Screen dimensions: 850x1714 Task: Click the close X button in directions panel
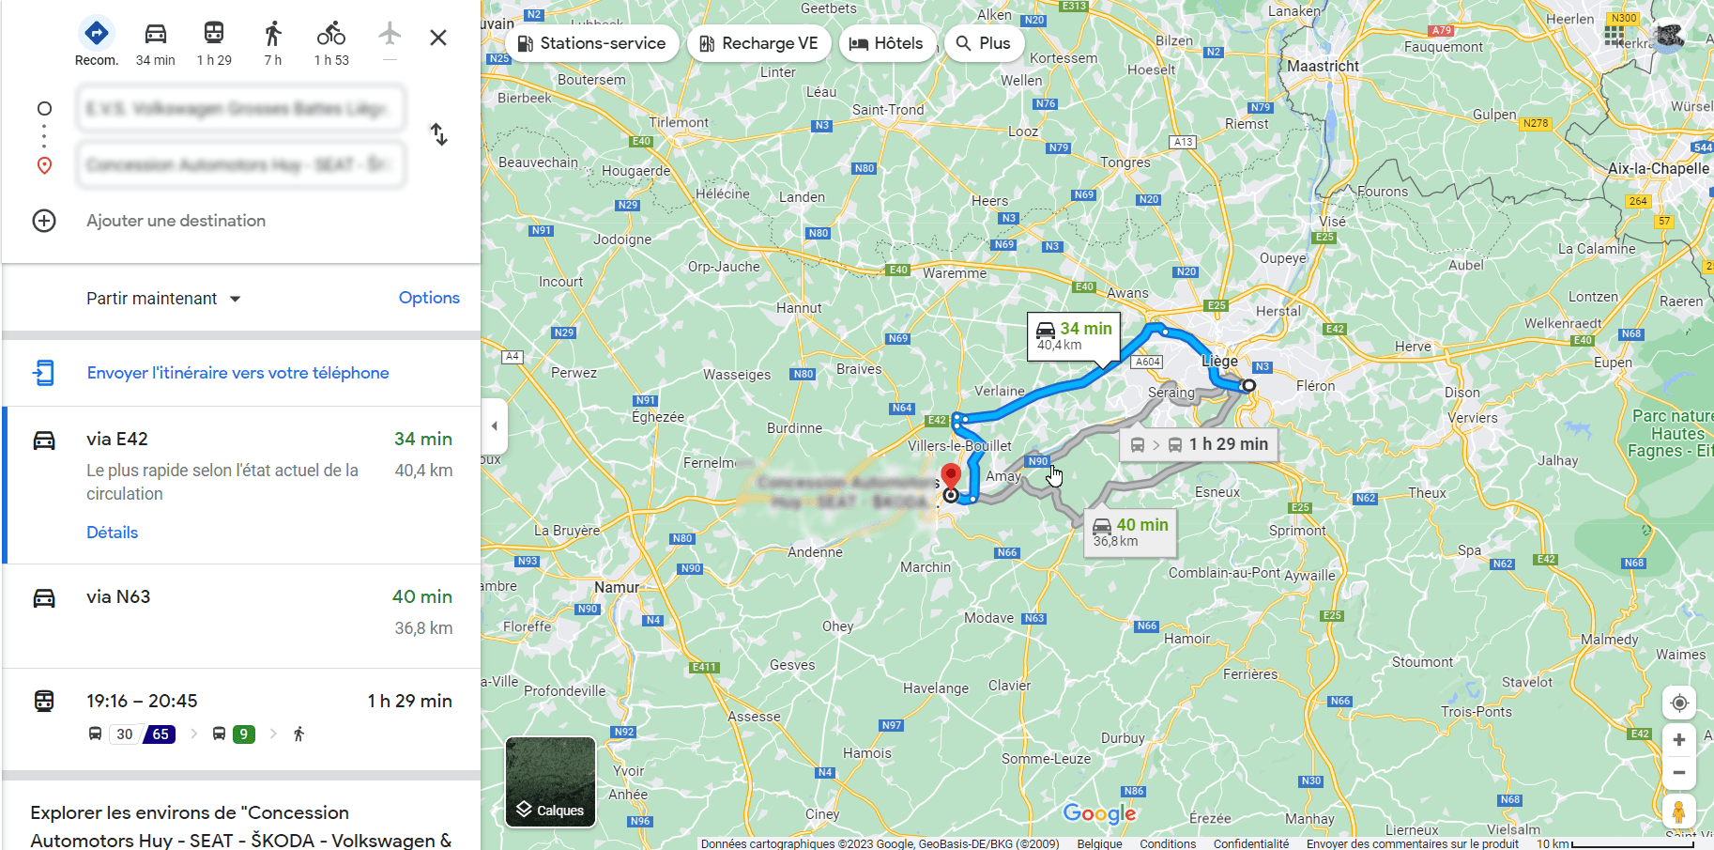click(x=437, y=38)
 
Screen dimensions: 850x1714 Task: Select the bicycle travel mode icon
click(x=330, y=35)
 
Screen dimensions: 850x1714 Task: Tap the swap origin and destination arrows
click(x=438, y=134)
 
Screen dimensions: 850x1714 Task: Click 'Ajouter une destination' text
click(x=176, y=221)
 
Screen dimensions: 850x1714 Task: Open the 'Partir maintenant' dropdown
click(x=163, y=299)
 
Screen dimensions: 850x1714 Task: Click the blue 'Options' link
click(x=429, y=298)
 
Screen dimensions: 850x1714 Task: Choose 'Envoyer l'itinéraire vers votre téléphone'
click(x=237, y=373)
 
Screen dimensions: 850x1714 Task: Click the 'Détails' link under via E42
click(x=112, y=533)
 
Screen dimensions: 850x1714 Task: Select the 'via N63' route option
click(x=118, y=597)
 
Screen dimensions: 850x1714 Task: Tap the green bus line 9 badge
click(x=243, y=734)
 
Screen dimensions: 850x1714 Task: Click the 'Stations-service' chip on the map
click(x=592, y=43)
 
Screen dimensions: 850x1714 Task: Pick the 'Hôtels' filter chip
click(x=887, y=43)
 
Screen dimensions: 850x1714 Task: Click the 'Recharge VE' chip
click(x=758, y=43)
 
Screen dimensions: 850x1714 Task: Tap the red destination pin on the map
click(x=951, y=475)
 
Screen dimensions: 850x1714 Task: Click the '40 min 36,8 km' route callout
click(x=1130, y=532)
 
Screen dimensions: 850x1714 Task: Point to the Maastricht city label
click(x=1323, y=66)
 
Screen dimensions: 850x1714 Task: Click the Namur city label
click(x=616, y=587)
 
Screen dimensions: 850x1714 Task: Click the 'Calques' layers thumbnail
click(x=550, y=781)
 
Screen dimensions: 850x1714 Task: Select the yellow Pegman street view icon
click(x=1678, y=811)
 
